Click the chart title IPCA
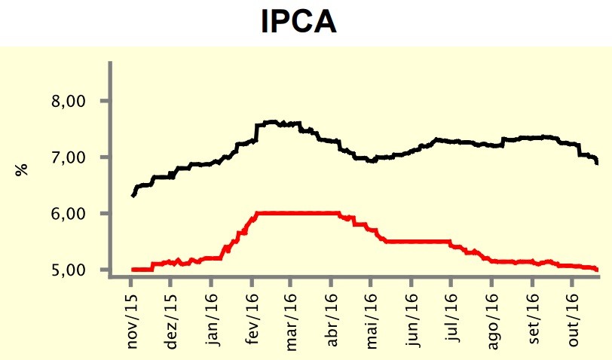tap(298, 23)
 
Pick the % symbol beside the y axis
tap(23, 169)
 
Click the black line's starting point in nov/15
tap(133, 196)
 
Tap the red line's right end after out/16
tap(597, 269)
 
